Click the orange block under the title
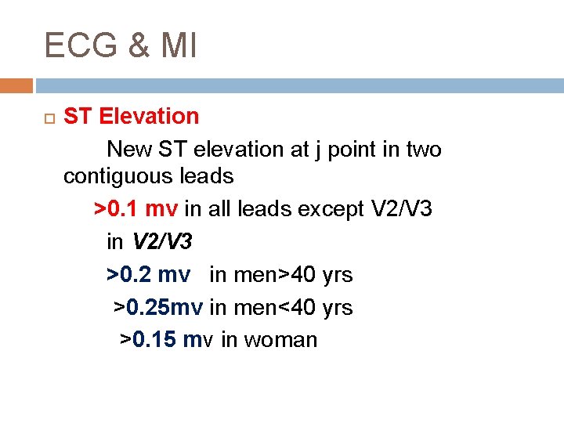point(16,85)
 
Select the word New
point(128,149)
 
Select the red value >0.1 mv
point(136,209)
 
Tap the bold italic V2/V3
point(161,242)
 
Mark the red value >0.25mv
point(158,307)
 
